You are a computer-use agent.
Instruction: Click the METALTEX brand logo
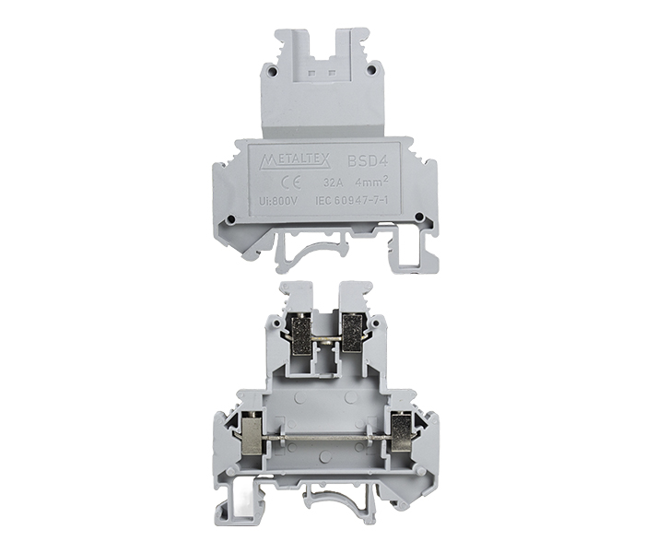pyautogui.click(x=296, y=161)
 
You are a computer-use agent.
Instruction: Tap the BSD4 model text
pyautogui.click(x=368, y=161)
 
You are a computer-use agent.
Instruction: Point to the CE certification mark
pyautogui.click(x=291, y=182)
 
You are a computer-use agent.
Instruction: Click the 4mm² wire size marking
pyautogui.click(x=372, y=182)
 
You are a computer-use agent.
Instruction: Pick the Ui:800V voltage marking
pyautogui.click(x=279, y=201)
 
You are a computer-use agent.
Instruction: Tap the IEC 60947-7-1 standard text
pyautogui.click(x=352, y=201)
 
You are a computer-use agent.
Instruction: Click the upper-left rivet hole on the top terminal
pyautogui.click(x=274, y=70)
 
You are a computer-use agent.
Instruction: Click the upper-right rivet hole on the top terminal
pyautogui.click(x=371, y=69)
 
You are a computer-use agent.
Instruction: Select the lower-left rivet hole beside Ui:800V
pyautogui.click(x=232, y=218)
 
